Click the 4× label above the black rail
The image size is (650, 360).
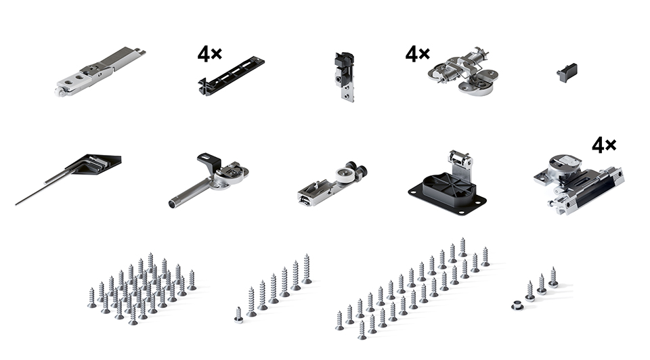click(x=210, y=54)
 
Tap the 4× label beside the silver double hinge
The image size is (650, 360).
click(x=418, y=54)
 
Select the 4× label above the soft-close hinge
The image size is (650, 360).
click(x=604, y=145)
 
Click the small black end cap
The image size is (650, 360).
click(x=567, y=72)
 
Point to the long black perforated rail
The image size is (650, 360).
click(x=232, y=76)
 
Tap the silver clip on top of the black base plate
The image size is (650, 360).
click(x=460, y=162)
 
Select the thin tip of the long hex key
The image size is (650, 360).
click(x=16, y=204)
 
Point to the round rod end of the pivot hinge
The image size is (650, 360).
click(x=173, y=204)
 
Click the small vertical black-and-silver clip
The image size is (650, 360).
click(x=345, y=76)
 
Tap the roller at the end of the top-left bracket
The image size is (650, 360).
click(x=60, y=91)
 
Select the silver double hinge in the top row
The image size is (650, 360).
click(x=463, y=70)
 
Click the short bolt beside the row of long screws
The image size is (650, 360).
click(x=238, y=315)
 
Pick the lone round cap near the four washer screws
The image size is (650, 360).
click(x=517, y=306)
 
